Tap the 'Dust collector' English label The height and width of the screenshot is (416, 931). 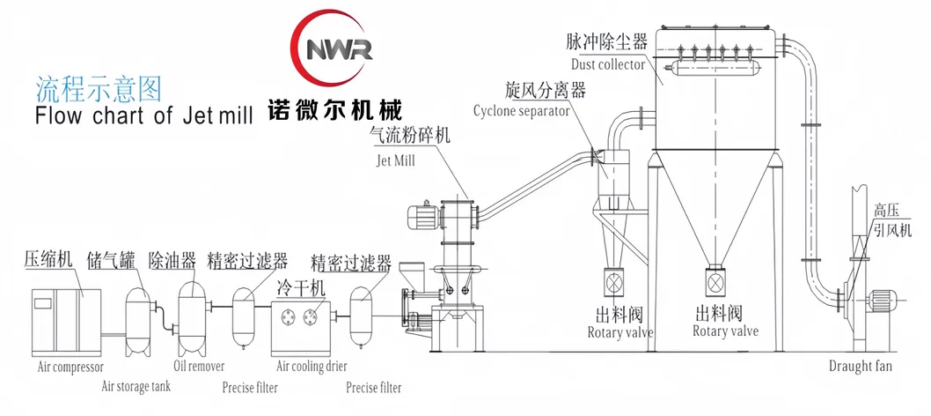point(607,64)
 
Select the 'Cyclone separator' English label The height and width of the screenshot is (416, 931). point(521,111)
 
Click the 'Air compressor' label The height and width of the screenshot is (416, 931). point(70,366)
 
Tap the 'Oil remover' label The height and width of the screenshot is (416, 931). point(199,366)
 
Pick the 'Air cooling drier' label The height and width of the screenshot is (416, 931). point(312,367)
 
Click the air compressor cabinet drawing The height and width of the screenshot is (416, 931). point(67,316)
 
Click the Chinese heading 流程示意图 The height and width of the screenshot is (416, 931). point(99,87)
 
